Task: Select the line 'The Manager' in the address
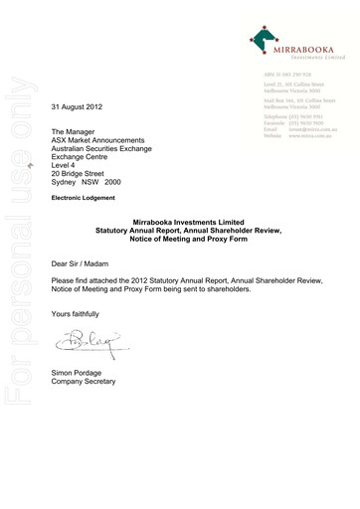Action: point(73,131)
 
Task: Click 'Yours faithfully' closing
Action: point(78,313)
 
